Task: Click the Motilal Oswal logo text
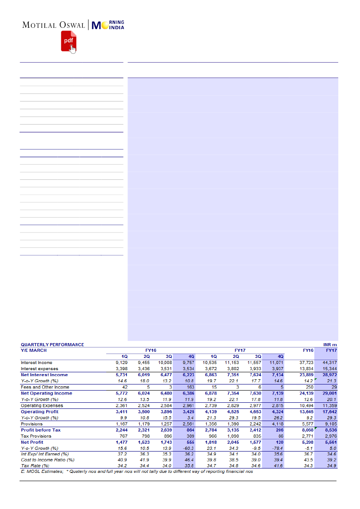(54, 25)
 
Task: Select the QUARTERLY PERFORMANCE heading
(52, 344)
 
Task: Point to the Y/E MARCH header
(34, 350)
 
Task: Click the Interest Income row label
(36, 362)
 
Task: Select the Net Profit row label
(32, 442)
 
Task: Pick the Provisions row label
(32, 424)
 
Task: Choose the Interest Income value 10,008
(164, 362)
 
